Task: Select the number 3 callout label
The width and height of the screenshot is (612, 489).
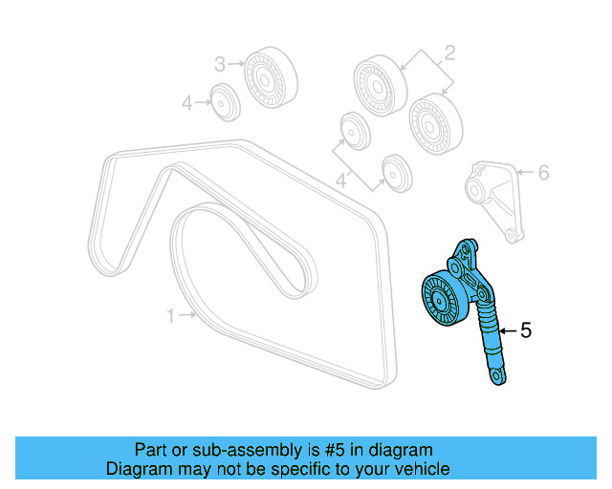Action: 219,64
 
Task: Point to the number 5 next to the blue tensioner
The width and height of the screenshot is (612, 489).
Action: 525,330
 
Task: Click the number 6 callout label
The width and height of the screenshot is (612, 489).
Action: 543,173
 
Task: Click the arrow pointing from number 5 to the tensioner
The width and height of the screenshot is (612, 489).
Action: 507,330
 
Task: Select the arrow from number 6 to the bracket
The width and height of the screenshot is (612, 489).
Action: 524,173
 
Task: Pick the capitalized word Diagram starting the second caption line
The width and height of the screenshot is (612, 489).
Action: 138,469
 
